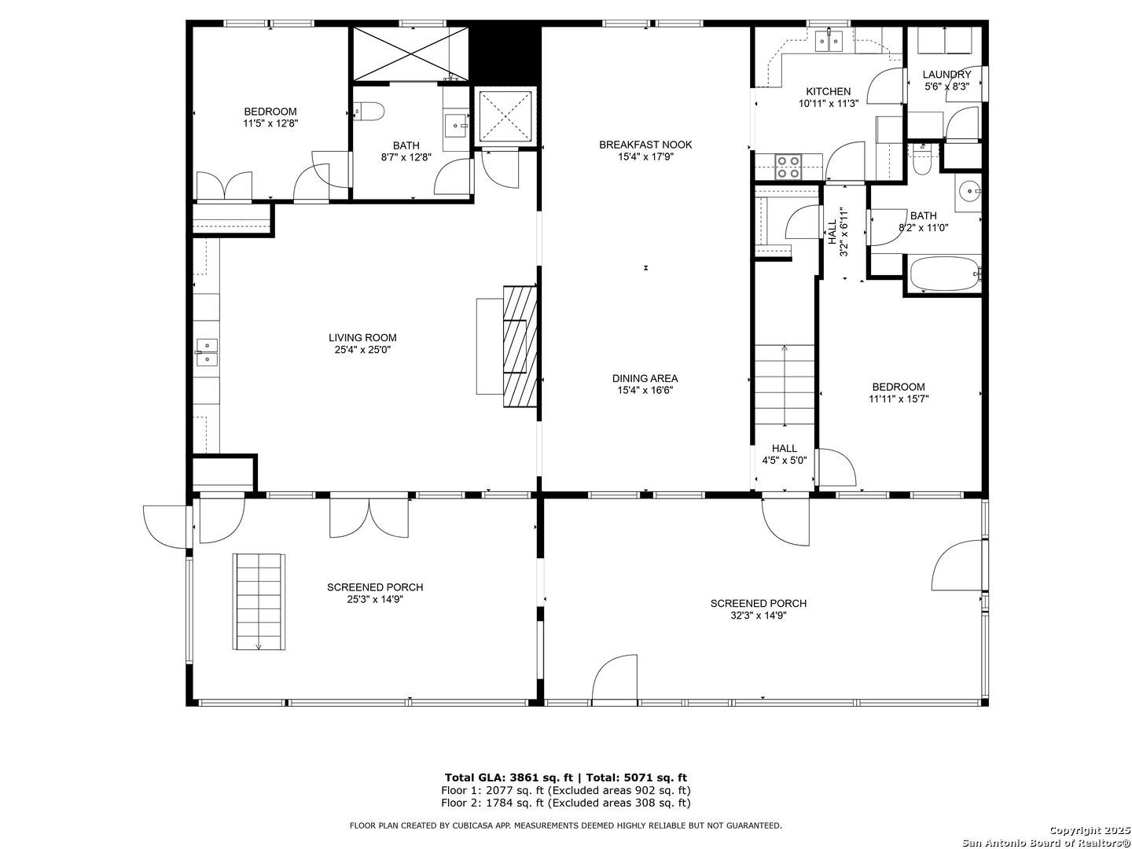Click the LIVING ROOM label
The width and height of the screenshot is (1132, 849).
362,338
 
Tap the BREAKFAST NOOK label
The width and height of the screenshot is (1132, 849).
645,145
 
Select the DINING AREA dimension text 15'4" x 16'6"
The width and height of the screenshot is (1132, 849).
645,390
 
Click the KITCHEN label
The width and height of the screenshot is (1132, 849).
828,92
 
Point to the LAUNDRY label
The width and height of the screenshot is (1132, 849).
946,75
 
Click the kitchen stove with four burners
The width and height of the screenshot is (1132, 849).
788,167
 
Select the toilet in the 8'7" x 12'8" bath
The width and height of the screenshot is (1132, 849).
369,112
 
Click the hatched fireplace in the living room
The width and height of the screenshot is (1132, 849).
520,346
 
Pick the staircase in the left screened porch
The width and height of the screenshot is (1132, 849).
259,601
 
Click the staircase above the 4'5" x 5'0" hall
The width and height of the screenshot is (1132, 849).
785,386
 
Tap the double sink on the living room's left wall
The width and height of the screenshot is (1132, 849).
207,352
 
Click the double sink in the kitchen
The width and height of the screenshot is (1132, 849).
829,40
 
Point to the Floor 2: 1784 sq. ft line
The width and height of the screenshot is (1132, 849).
565,803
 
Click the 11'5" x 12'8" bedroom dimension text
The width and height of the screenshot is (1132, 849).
270,123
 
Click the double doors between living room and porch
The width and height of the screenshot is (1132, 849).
369,519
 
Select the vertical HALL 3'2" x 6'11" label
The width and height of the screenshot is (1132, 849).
838,232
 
